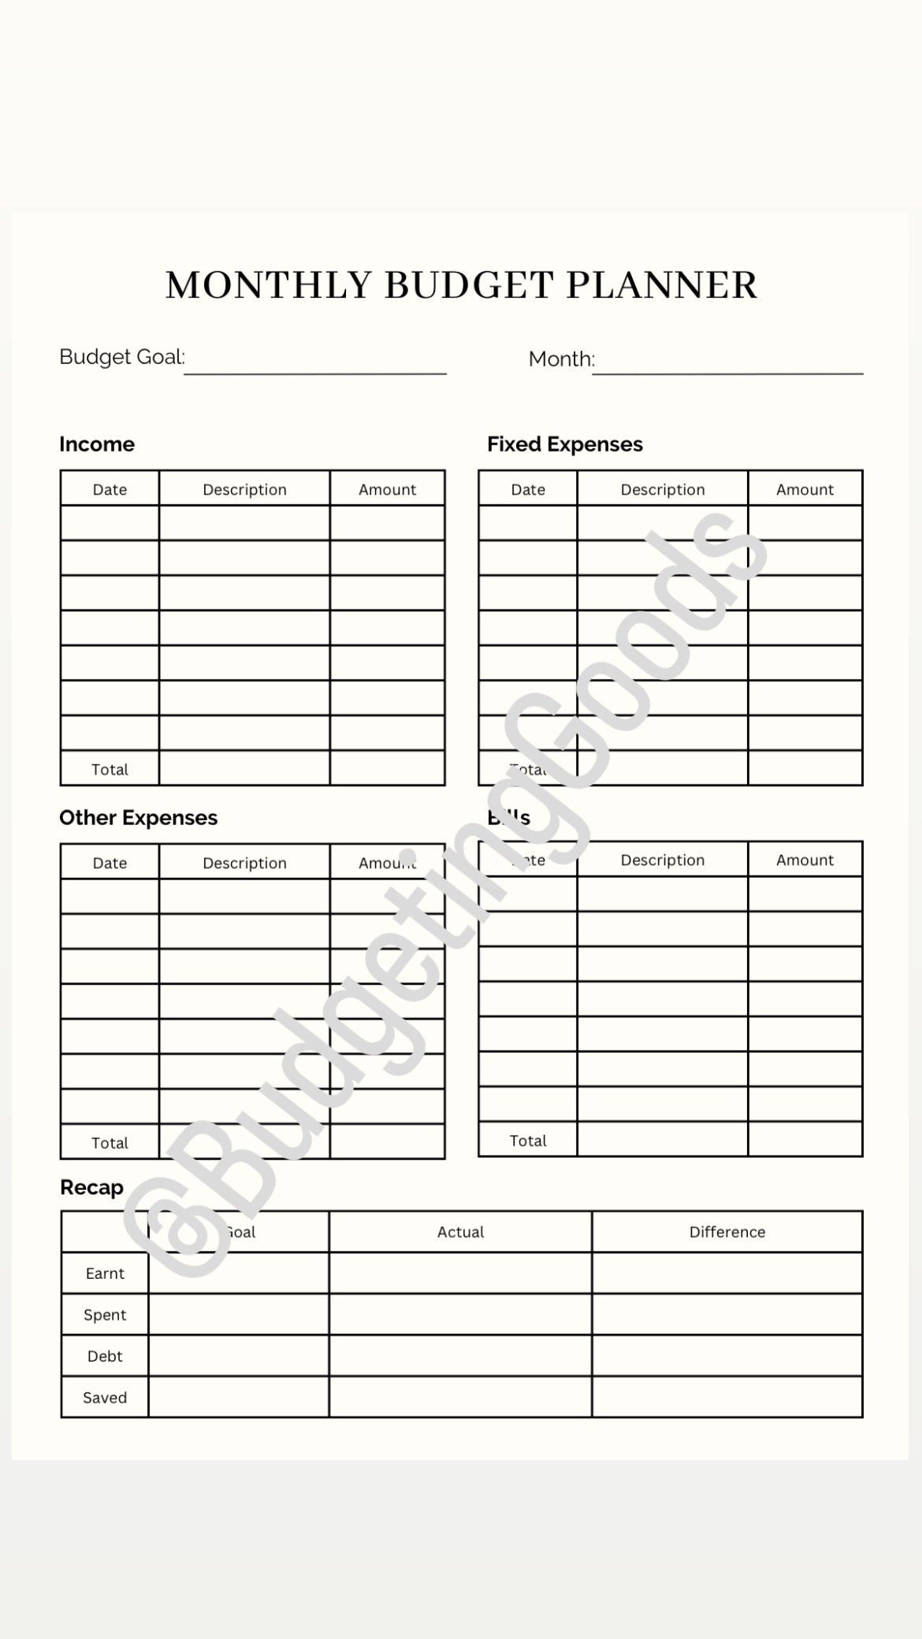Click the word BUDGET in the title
(x=468, y=285)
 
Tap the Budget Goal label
(x=122, y=357)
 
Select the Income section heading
(x=97, y=444)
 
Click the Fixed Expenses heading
(x=565, y=444)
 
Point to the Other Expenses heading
(x=139, y=818)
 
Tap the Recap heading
(x=92, y=1187)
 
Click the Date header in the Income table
(x=110, y=489)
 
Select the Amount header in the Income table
(x=387, y=489)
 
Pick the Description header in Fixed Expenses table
(x=663, y=489)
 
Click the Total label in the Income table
(x=110, y=769)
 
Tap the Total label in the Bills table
(x=528, y=1140)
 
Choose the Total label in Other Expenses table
(x=110, y=1143)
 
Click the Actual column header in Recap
(x=460, y=1232)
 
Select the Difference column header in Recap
(x=727, y=1232)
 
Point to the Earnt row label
(x=105, y=1273)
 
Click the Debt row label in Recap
(x=105, y=1356)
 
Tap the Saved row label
(x=105, y=1398)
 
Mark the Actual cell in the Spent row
(x=460, y=1314)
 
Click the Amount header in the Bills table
(x=805, y=860)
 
